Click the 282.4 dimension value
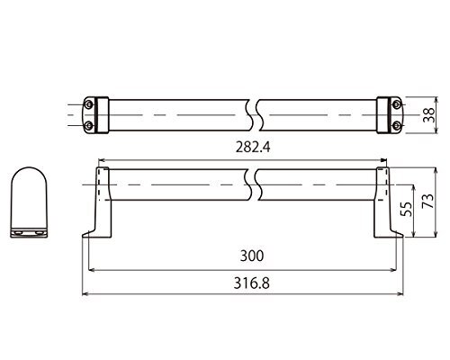coord(253,148)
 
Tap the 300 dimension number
coord(252,256)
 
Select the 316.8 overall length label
coord(252,283)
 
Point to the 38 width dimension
coord(428,114)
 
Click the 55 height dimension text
coord(406,209)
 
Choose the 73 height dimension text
coord(428,201)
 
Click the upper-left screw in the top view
coord(88,104)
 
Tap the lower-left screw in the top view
coord(88,125)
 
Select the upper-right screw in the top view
coord(397,104)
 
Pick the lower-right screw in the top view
coord(397,125)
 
